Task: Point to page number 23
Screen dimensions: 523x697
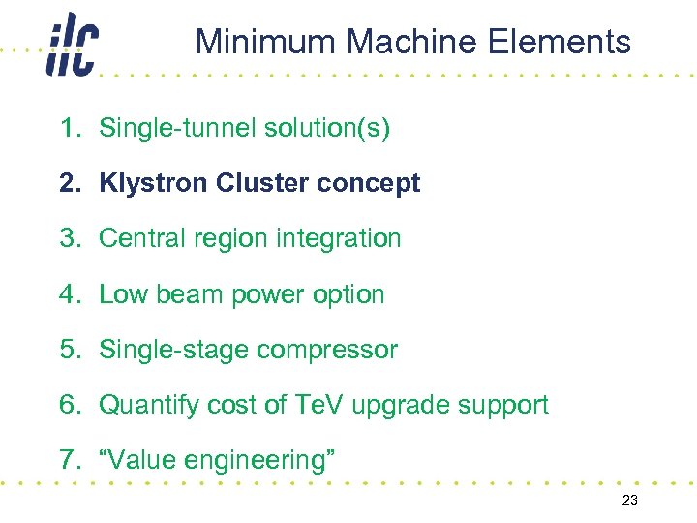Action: (x=629, y=500)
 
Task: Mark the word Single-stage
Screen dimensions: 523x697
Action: (x=173, y=350)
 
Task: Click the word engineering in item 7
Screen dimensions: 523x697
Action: (x=263, y=461)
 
